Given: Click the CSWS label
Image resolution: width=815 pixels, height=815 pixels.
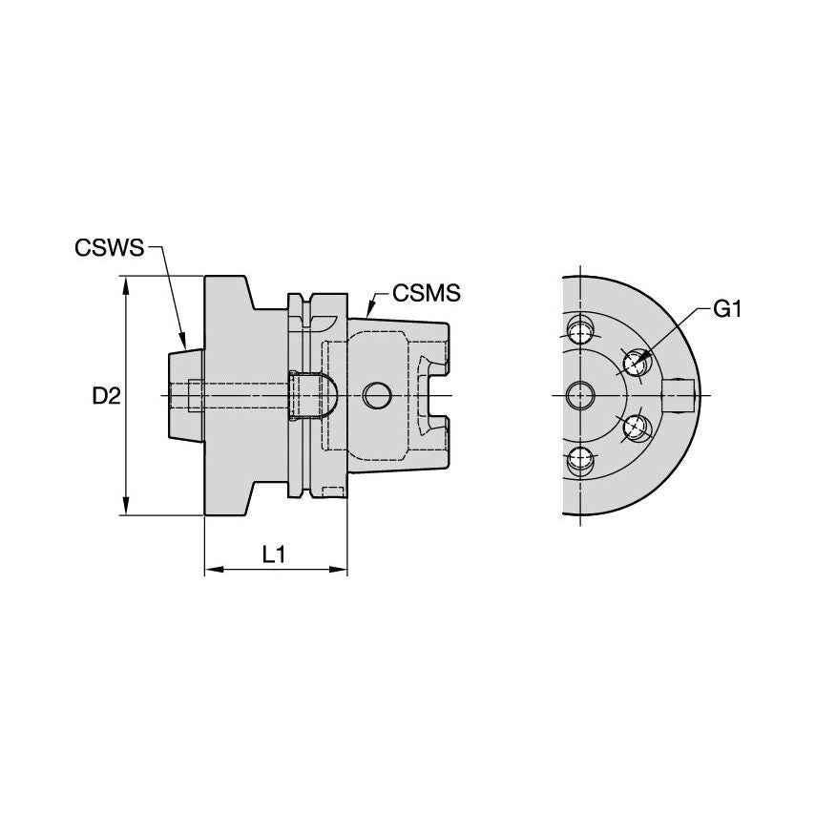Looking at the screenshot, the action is (109, 248).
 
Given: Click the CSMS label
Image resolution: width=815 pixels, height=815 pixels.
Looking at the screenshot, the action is (427, 293).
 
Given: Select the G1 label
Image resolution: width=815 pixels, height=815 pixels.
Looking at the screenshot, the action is (726, 310).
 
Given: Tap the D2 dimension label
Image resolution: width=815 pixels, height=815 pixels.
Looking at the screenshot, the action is (106, 397).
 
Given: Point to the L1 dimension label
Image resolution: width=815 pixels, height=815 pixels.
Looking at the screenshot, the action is (273, 554).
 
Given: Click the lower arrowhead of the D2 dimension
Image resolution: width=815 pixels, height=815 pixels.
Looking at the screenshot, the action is (125, 506).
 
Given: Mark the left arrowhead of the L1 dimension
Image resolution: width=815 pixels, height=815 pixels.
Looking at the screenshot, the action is (214, 570).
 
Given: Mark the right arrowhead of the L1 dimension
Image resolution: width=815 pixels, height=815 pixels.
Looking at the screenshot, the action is (338, 570).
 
